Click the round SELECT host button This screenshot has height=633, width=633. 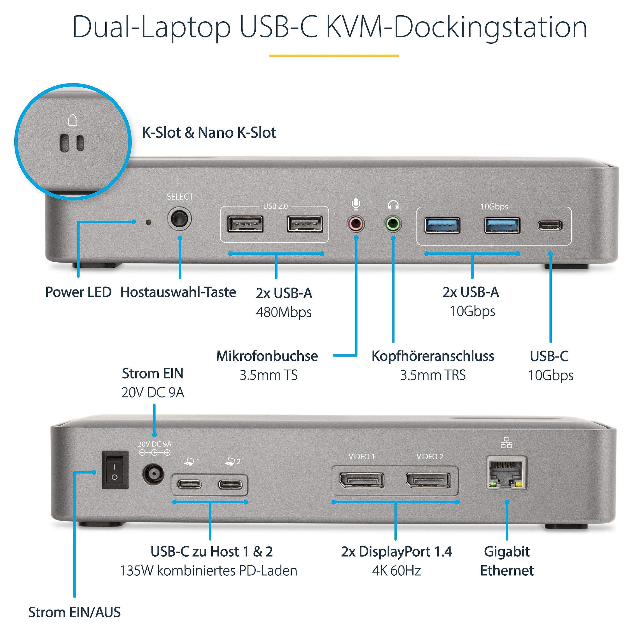click(x=179, y=219)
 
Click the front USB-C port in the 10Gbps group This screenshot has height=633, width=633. click(x=550, y=225)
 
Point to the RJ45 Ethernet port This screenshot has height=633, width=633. click(x=506, y=473)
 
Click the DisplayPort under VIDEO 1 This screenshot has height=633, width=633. click(x=361, y=480)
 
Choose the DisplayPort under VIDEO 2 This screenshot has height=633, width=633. click(x=429, y=480)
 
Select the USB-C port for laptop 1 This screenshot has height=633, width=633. click(x=189, y=484)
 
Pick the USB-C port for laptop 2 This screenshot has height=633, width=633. click(x=231, y=484)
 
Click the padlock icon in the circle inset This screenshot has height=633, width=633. click(x=73, y=120)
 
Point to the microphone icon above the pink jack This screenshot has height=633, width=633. click(x=356, y=204)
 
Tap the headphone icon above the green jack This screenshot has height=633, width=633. click(x=393, y=205)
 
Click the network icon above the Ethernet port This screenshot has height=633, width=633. click(x=506, y=443)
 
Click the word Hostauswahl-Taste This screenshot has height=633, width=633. click(x=178, y=292)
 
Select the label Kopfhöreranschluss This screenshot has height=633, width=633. click(x=433, y=356)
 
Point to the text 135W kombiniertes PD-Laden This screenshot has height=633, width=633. click(x=209, y=570)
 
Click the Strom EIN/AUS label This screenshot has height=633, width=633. click(x=74, y=612)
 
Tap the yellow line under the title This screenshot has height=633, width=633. click(x=333, y=56)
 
